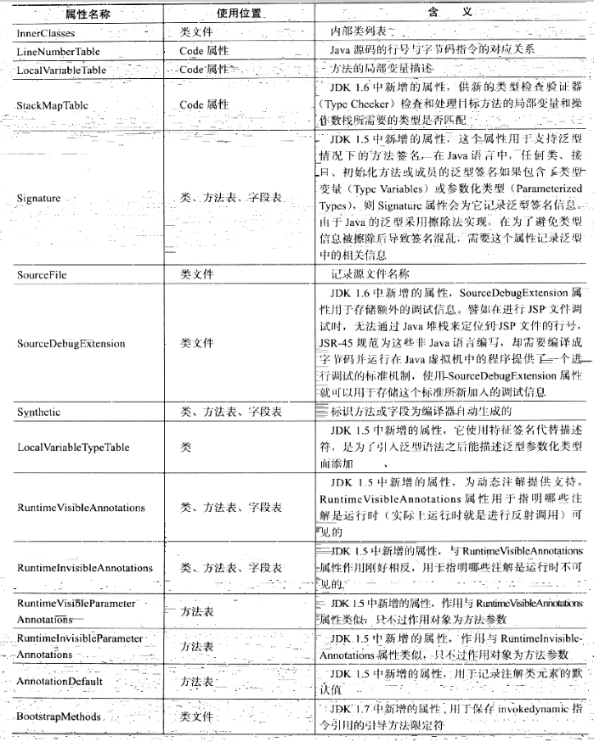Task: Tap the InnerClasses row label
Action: pos(46,33)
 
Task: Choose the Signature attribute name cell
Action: pos(39,199)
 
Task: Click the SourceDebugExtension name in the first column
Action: pos(71,344)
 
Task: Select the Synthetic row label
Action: pos(39,412)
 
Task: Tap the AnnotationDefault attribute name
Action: pos(59,681)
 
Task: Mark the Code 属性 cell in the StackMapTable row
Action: pos(204,104)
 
